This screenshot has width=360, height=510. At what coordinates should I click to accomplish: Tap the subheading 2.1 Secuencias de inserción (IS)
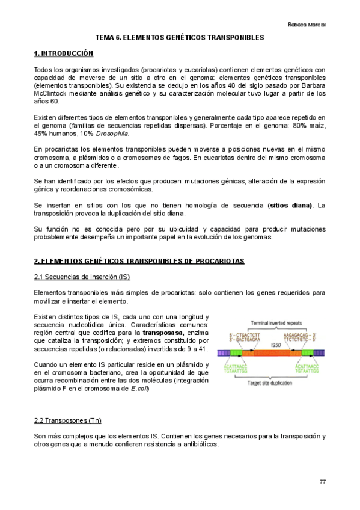tap(82, 277)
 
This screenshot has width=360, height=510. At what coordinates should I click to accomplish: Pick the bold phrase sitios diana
tap(291, 205)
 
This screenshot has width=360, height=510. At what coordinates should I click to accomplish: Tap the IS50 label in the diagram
tap(276, 345)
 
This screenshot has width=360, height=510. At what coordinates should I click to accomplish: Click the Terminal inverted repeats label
tap(275, 322)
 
